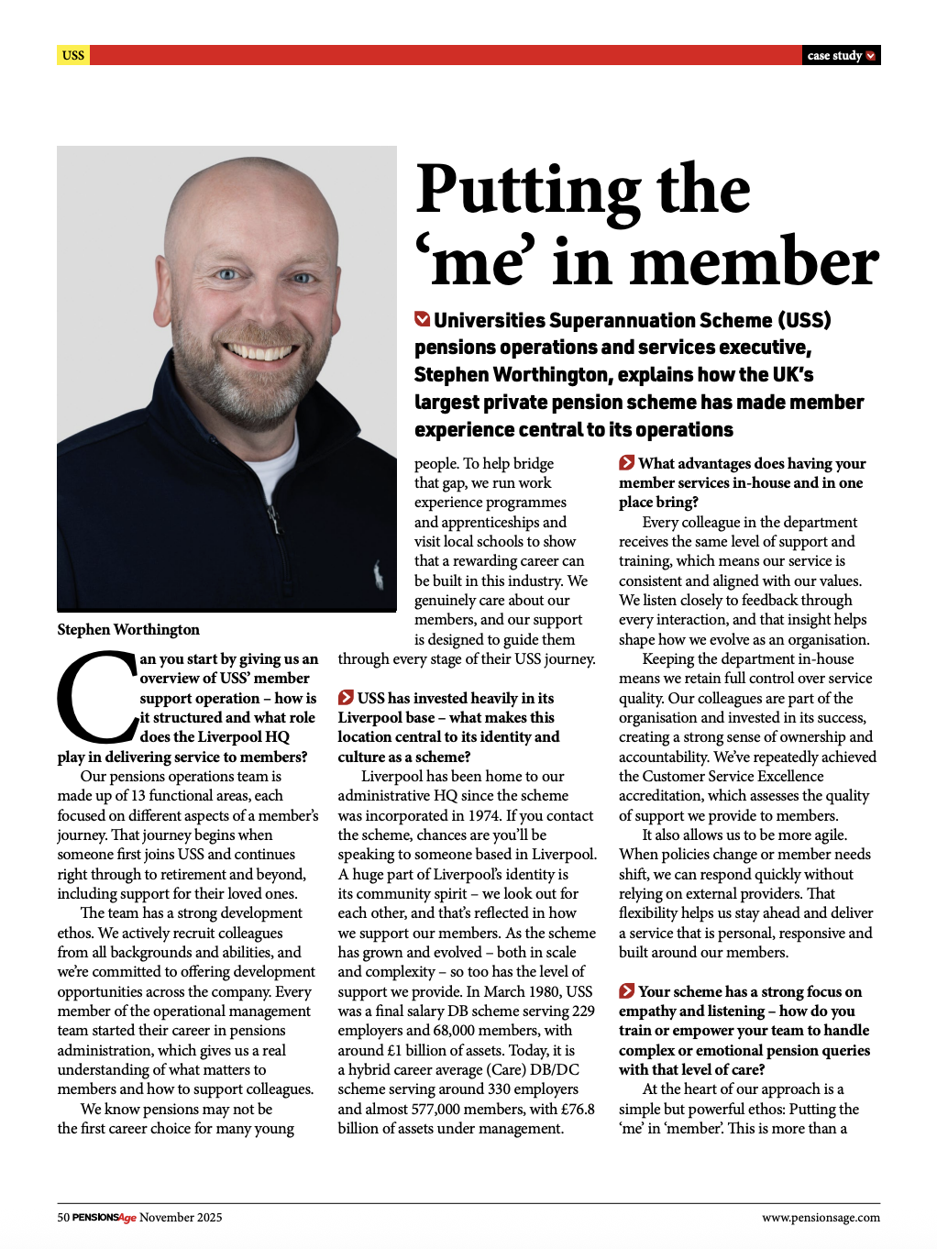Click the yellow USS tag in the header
pyautogui.click(x=73, y=55)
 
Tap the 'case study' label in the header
pyautogui.click(x=834, y=56)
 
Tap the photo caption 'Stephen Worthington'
pyautogui.click(x=128, y=629)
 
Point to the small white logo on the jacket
pyautogui.click(x=378, y=575)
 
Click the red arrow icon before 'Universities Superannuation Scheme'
pyautogui.click(x=423, y=319)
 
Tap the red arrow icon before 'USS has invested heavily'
pyautogui.click(x=346, y=698)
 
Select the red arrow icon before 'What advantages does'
pyautogui.click(x=627, y=463)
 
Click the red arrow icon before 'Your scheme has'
pyautogui.click(x=627, y=991)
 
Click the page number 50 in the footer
pyautogui.click(x=63, y=1218)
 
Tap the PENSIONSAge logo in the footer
pyautogui.click(x=105, y=1218)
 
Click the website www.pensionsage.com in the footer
pyautogui.click(x=821, y=1218)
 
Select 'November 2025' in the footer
pyautogui.click(x=181, y=1218)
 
